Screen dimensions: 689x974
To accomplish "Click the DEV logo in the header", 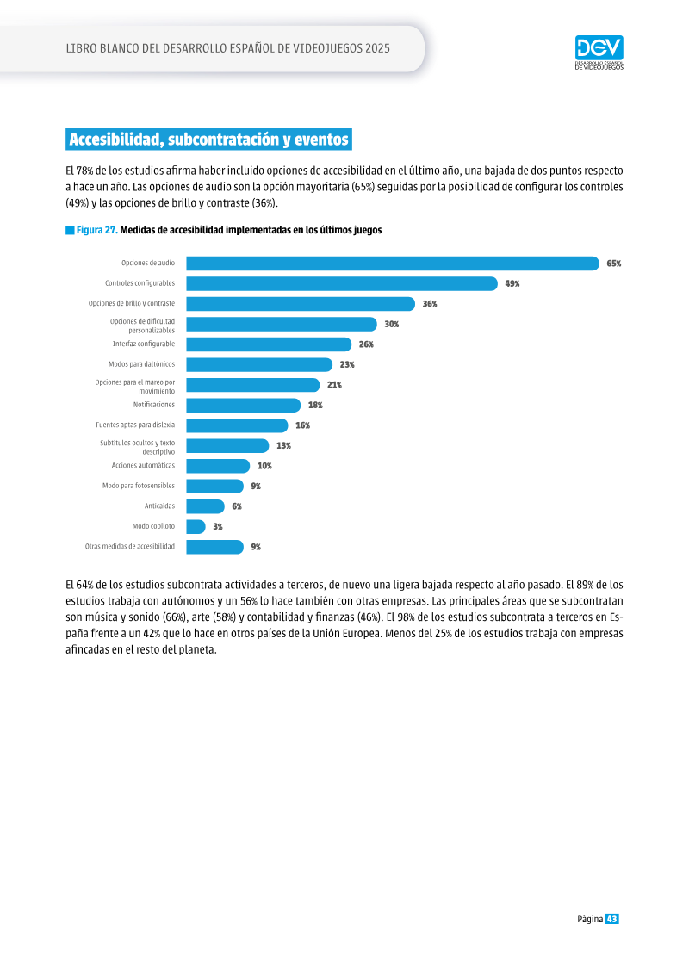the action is click(x=599, y=53).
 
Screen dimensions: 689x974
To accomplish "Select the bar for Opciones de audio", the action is click(x=393, y=264).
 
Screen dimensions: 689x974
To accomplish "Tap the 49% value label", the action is click(x=512, y=284).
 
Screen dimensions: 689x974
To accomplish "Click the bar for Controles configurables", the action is click(x=342, y=284).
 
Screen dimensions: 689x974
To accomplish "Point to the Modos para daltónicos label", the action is click(x=141, y=364).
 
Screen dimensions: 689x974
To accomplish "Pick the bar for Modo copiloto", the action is click(x=196, y=527).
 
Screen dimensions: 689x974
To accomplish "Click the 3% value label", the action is click(x=217, y=527).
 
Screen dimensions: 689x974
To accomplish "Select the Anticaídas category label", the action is click(x=159, y=506).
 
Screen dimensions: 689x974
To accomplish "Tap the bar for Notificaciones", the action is click(x=244, y=405).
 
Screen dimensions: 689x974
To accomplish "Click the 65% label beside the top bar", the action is click(x=614, y=264).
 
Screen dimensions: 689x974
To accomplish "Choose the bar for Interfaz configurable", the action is click(x=269, y=344).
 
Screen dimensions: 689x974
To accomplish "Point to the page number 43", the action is click(x=612, y=919).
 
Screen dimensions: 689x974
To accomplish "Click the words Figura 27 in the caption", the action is click(x=97, y=230).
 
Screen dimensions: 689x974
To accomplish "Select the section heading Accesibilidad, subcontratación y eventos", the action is click(x=208, y=140).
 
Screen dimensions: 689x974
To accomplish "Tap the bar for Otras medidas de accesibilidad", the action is click(x=215, y=547).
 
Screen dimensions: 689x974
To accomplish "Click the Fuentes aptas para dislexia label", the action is click(x=135, y=425).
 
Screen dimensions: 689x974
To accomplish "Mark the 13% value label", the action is click(x=283, y=446).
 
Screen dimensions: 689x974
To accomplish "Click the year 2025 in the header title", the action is click(x=378, y=48).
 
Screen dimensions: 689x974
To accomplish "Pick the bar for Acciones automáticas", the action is click(x=218, y=466).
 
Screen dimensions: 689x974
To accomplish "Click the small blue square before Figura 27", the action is click(x=70, y=231).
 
